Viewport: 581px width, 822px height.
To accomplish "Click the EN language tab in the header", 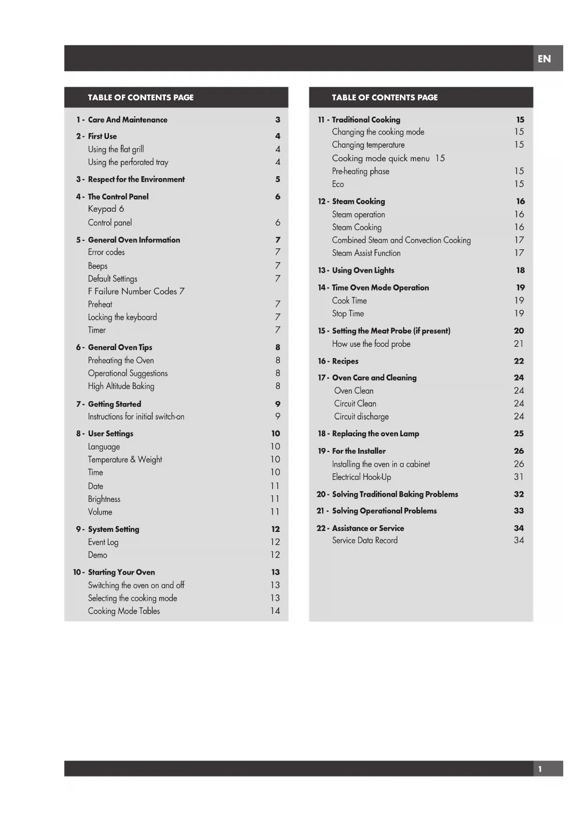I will pyautogui.click(x=544, y=59).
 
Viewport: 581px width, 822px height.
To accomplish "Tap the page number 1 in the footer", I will pyautogui.click(x=540, y=769).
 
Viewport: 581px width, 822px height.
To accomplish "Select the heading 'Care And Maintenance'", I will pyautogui.click(x=127, y=120).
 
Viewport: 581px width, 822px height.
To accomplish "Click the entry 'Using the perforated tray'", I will pyautogui.click(x=128, y=162).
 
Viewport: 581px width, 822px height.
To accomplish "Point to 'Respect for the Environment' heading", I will pyautogui.click(x=136, y=179).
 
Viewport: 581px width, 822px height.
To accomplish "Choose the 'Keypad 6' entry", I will pyautogui.click(x=106, y=209).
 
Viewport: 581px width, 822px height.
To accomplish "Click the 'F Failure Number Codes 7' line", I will pyautogui.click(x=136, y=291).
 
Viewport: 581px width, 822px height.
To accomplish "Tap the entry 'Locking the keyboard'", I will pyautogui.click(x=122, y=317).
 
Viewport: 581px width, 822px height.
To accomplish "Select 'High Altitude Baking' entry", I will pyautogui.click(x=121, y=386).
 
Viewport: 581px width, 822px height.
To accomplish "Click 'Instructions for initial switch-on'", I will pyautogui.click(x=136, y=417).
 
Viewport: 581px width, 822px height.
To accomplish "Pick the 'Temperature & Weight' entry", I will pyautogui.click(x=125, y=460).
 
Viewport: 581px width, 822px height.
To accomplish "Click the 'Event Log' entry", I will pyautogui.click(x=103, y=542).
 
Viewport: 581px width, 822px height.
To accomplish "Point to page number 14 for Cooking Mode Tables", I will pyautogui.click(x=275, y=611).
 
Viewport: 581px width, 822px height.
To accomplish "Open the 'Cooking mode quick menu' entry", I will pyautogui.click(x=381, y=158).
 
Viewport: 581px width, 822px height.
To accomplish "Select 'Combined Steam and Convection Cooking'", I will pyautogui.click(x=401, y=240).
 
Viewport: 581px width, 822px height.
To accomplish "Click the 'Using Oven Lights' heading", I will pyautogui.click(x=363, y=270).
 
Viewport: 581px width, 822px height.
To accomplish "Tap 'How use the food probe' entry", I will pyautogui.click(x=371, y=344).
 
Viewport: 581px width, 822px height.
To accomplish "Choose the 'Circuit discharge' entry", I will pyautogui.click(x=361, y=417).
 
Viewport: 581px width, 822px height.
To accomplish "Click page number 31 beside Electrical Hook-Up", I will pyautogui.click(x=518, y=477).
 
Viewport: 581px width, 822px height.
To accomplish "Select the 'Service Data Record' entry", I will pyautogui.click(x=365, y=540).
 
